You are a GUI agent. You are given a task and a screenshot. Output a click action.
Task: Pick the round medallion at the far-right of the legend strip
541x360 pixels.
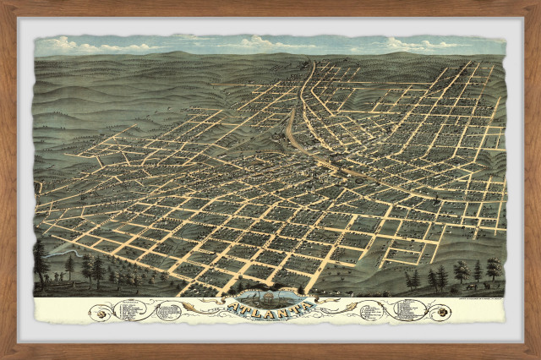pyautogui.click(x=441, y=313)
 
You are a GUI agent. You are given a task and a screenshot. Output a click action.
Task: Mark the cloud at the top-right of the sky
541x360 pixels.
pyautogui.click(x=406, y=43)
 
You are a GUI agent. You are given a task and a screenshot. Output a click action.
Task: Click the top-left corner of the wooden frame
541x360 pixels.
pyautogui.click(x=5, y=5)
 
